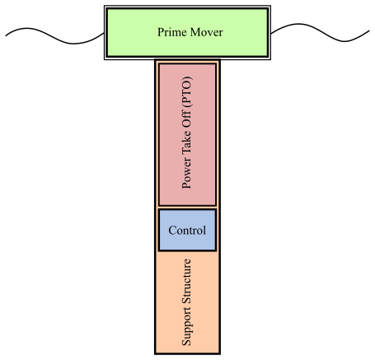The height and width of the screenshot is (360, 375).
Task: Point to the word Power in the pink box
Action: point(187,175)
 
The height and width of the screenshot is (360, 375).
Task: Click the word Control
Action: point(187,231)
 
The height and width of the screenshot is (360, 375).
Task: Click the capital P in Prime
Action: point(161,32)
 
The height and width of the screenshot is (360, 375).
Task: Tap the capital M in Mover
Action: point(194,32)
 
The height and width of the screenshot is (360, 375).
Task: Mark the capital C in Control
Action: point(171,231)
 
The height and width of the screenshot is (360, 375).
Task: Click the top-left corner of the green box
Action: point(108,10)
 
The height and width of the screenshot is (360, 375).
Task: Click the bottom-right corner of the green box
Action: point(266,55)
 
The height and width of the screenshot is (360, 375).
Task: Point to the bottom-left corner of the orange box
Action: point(157,352)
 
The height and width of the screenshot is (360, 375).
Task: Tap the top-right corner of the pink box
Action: point(215,64)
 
